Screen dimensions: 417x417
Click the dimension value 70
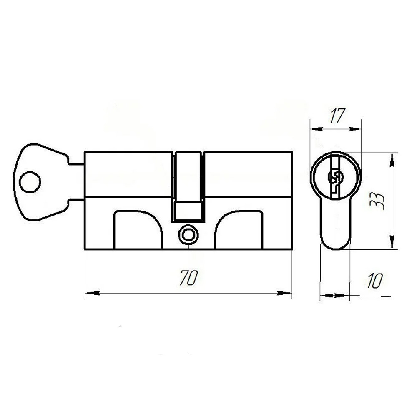[x=188, y=278]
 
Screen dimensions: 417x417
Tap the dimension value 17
[x=337, y=116]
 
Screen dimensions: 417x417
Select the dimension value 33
[x=377, y=201]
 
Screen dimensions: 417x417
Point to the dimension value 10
[x=375, y=281]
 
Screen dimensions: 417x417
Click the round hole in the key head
[x=30, y=182]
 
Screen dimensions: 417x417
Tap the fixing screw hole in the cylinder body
[x=188, y=234]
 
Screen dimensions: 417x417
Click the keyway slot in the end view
[x=335, y=178]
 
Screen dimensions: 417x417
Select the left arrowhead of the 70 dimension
[x=93, y=293]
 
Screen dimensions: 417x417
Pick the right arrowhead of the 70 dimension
[x=284, y=293]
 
